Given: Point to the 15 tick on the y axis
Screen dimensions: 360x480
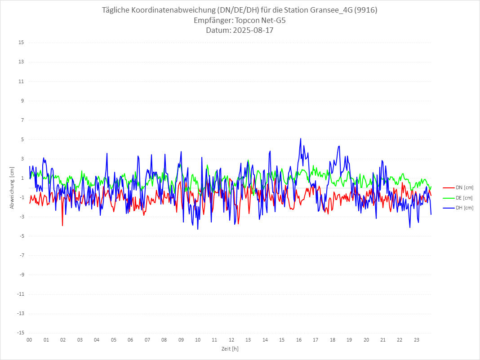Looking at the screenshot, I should (21, 43).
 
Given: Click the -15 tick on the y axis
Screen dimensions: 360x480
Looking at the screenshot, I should (20, 333).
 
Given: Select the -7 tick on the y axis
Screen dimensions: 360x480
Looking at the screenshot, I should (21, 255).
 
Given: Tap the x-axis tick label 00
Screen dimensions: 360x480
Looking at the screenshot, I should (29, 340).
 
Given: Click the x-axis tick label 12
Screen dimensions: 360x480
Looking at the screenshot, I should (231, 340).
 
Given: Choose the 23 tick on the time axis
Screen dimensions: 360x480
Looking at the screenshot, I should (417, 340).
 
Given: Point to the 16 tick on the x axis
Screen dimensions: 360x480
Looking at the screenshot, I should (299, 340).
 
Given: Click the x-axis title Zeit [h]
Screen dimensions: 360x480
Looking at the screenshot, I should (230, 349).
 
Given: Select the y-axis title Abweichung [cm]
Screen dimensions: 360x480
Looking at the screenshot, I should (12, 188).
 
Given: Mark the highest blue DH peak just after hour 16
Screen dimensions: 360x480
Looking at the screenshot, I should (301, 138).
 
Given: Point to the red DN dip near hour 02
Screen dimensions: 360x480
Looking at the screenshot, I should (62, 225).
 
